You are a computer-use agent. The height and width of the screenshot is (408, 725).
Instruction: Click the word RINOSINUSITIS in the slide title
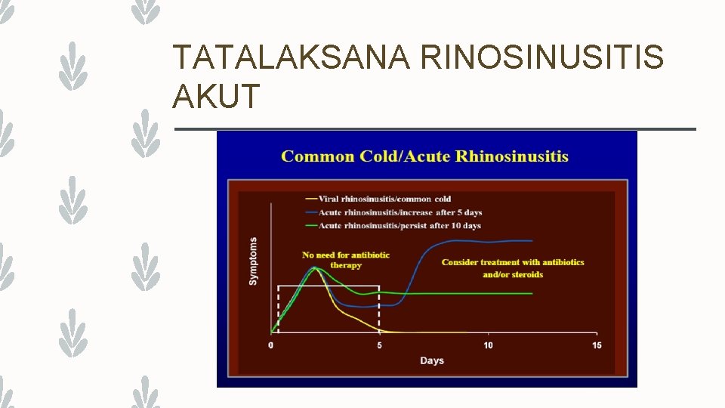542,58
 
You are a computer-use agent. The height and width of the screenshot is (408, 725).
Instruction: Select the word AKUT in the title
217,97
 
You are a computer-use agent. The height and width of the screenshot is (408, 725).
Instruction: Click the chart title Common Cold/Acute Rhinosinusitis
424,157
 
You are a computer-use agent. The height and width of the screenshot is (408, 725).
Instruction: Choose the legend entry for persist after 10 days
400,225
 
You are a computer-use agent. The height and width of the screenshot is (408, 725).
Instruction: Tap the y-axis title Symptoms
253,261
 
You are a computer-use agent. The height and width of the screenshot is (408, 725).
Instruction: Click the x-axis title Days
432,361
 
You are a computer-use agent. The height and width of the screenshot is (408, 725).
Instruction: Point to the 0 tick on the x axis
271,345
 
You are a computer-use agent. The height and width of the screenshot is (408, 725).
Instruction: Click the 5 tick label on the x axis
380,345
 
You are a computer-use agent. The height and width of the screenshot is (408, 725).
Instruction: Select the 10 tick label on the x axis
488,345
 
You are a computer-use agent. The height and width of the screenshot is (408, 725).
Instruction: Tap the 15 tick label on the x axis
597,345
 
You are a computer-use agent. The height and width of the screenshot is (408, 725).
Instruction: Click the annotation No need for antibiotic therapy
346,260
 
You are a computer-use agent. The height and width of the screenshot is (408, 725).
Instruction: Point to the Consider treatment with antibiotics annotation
513,262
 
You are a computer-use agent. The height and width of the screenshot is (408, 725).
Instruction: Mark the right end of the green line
532,294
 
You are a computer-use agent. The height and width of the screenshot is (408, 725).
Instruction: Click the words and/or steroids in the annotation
513,275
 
